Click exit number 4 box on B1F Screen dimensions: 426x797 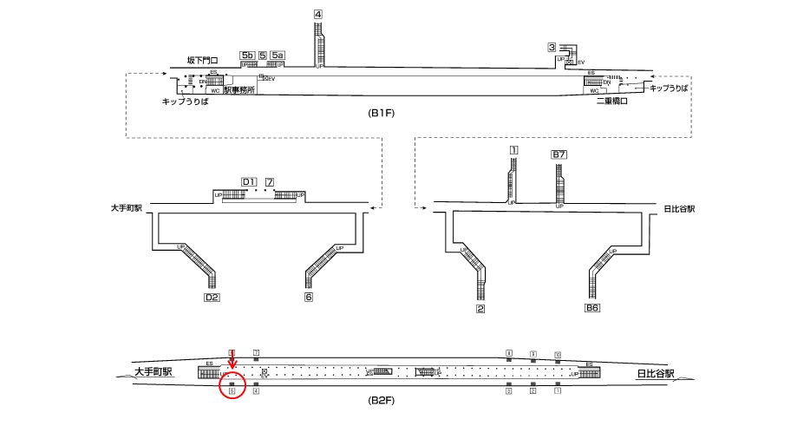click(318, 14)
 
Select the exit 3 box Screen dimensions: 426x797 click(552, 47)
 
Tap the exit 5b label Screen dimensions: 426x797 click(247, 56)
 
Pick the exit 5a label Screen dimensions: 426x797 click(278, 56)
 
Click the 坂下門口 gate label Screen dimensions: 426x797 click(202, 61)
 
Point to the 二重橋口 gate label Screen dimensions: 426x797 click(611, 102)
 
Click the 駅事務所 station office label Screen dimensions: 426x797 click(238, 90)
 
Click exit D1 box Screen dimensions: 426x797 click(249, 181)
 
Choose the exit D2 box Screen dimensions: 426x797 click(211, 298)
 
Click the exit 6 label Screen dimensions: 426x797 click(309, 298)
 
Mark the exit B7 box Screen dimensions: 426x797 click(559, 154)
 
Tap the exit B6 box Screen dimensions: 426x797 click(592, 308)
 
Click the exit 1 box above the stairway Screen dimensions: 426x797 click(513, 150)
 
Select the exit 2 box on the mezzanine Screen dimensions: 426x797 click(480, 308)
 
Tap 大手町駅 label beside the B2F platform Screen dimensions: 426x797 click(154, 372)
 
